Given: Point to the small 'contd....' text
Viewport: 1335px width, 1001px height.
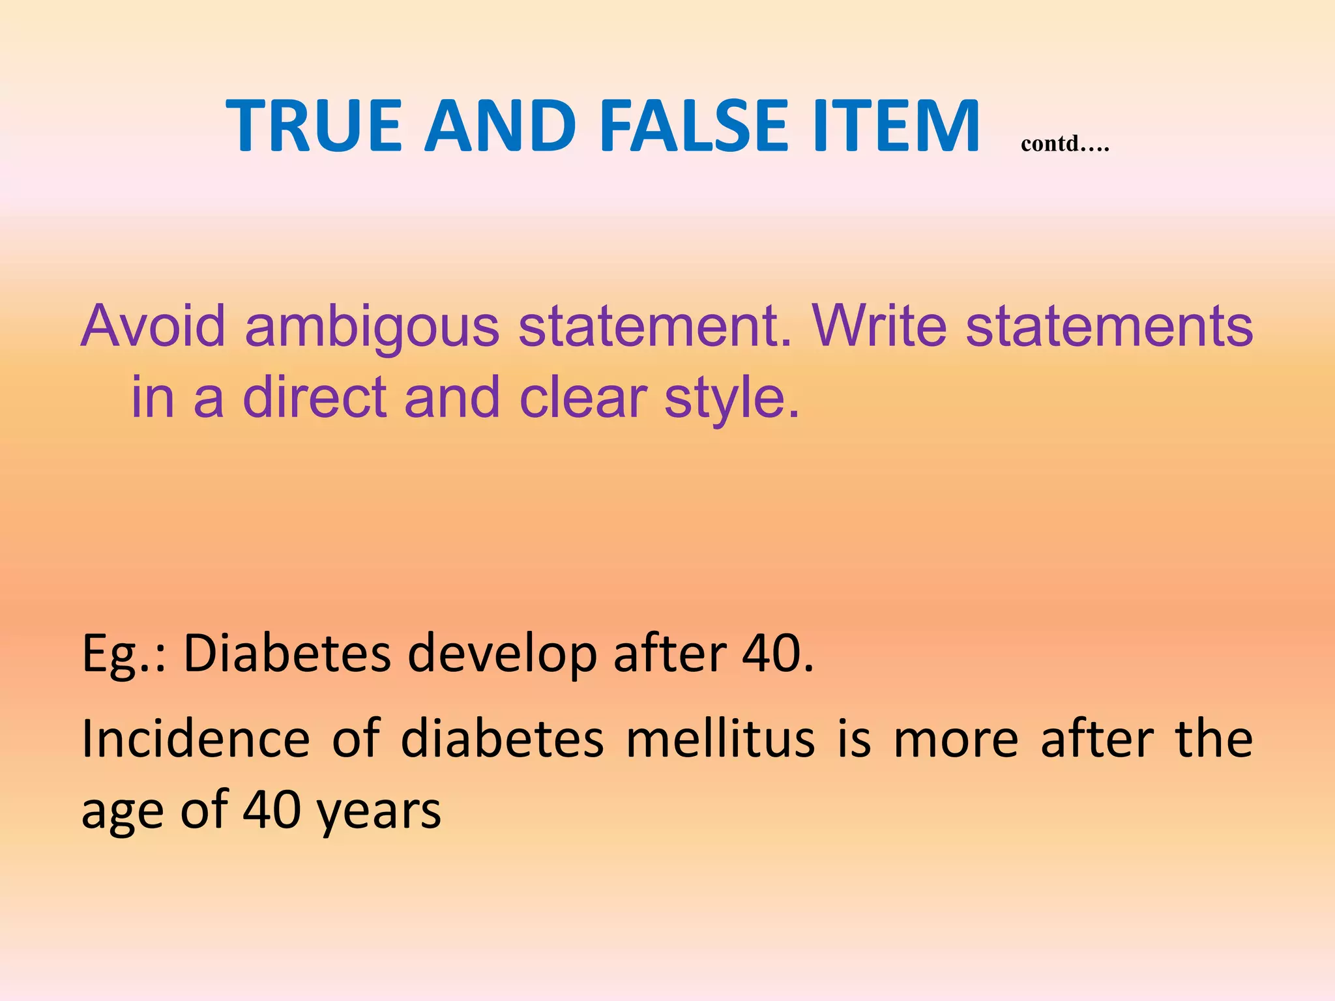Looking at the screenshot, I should [x=1065, y=143].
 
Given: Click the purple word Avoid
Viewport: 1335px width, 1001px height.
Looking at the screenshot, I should [x=153, y=325].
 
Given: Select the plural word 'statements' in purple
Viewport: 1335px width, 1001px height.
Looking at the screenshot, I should [x=1109, y=325].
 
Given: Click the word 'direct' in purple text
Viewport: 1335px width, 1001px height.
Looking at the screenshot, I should [x=315, y=397].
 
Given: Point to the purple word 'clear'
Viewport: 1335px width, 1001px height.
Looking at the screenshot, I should [x=583, y=397].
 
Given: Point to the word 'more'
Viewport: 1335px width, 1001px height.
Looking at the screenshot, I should [x=956, y=741].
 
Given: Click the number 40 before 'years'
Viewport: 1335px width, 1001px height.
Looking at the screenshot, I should [x=272, y=809].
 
